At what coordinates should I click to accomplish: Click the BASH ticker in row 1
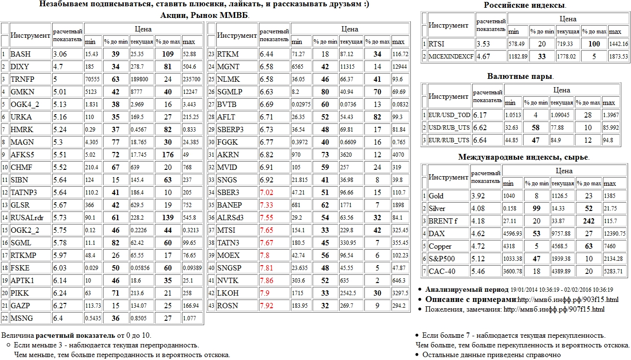(20, 54)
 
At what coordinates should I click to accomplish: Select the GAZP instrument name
(20, 306)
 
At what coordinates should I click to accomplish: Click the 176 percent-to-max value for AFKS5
(168, 155)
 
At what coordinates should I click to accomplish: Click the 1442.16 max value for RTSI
(618, 44)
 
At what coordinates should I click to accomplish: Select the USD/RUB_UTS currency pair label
(449, 128)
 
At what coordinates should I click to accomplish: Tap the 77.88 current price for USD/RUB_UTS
(564, 128)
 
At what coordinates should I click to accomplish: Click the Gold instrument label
(436, 196)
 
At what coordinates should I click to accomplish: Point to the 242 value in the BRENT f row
(588, 221)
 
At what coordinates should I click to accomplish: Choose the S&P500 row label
(440, 259)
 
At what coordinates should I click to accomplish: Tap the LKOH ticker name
(227, 293)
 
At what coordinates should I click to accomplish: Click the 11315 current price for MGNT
(347, 67)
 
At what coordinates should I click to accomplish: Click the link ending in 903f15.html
(568, 300)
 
